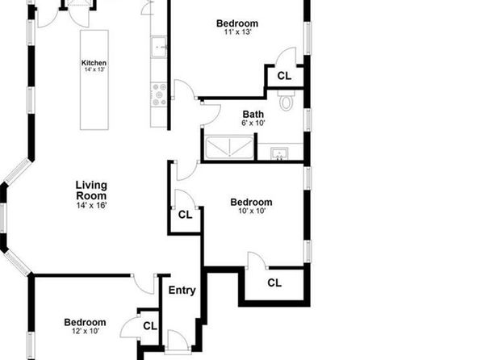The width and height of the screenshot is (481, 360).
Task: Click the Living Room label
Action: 91,190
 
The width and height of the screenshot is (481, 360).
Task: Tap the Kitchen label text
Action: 94,63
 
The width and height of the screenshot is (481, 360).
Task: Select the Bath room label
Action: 253,114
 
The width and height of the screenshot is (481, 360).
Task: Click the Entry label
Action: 182,290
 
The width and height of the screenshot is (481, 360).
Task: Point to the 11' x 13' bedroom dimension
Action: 238,31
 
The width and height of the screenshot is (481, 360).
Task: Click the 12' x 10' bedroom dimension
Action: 86,331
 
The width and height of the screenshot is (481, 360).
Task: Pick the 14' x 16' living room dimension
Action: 91,205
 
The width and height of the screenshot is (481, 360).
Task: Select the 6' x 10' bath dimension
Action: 253,123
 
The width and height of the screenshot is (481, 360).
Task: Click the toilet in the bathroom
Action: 287,100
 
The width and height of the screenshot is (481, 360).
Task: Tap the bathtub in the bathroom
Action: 229,148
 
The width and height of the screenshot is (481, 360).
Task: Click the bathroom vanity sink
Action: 279,153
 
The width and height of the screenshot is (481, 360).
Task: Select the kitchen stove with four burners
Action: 159,94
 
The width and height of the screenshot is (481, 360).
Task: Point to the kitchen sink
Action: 159,47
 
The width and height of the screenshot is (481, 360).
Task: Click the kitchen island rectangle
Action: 94,80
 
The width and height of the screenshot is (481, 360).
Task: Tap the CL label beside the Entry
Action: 150,325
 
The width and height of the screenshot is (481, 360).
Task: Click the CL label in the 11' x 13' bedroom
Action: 284,76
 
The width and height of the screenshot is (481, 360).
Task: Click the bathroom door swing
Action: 211,115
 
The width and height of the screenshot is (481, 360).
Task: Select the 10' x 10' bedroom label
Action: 251,203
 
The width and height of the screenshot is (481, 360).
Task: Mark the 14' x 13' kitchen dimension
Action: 94,69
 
